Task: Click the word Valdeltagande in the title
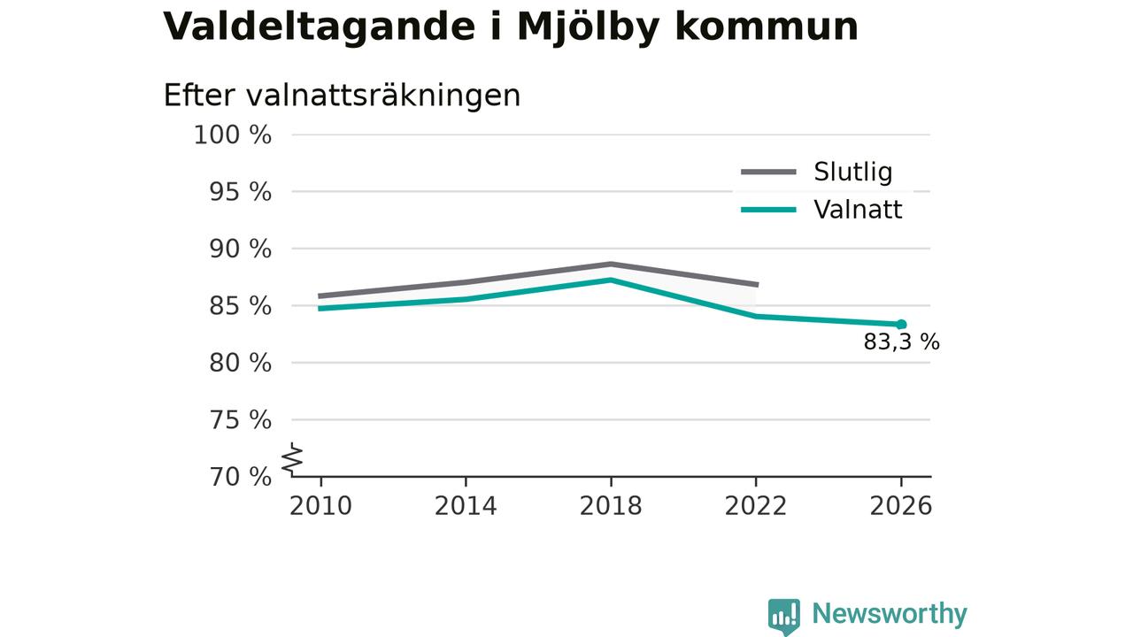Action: [x=320, y=27]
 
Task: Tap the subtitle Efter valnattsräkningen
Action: [x=342, y=95]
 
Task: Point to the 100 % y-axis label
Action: [x=233, y=135]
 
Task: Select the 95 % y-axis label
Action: [x=240, y=192]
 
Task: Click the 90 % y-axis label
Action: [x=240, y=249]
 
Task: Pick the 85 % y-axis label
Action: [x=240, y=306]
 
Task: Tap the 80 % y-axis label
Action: [x=240, y=363]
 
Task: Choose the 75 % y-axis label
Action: [x=240, y=419]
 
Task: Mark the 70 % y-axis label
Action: [x=240, y=477]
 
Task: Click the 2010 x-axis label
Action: [x=320, y=506]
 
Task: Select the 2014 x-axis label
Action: [x=466, y=506]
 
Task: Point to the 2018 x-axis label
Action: [x=611, y=506]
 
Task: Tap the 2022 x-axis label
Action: [x=756, y=506]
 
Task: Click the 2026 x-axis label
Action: [x=901, y=506]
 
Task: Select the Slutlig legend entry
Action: [x=817, y=172]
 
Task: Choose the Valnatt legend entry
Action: [x=821, y=210]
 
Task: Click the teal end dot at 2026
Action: [x=901, y=325]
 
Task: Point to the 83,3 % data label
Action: [x=901, y=342]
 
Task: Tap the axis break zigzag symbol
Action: [x=292, y=459]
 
